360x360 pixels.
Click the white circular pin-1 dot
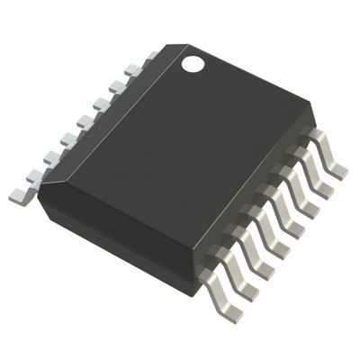[x=193, y=64]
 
